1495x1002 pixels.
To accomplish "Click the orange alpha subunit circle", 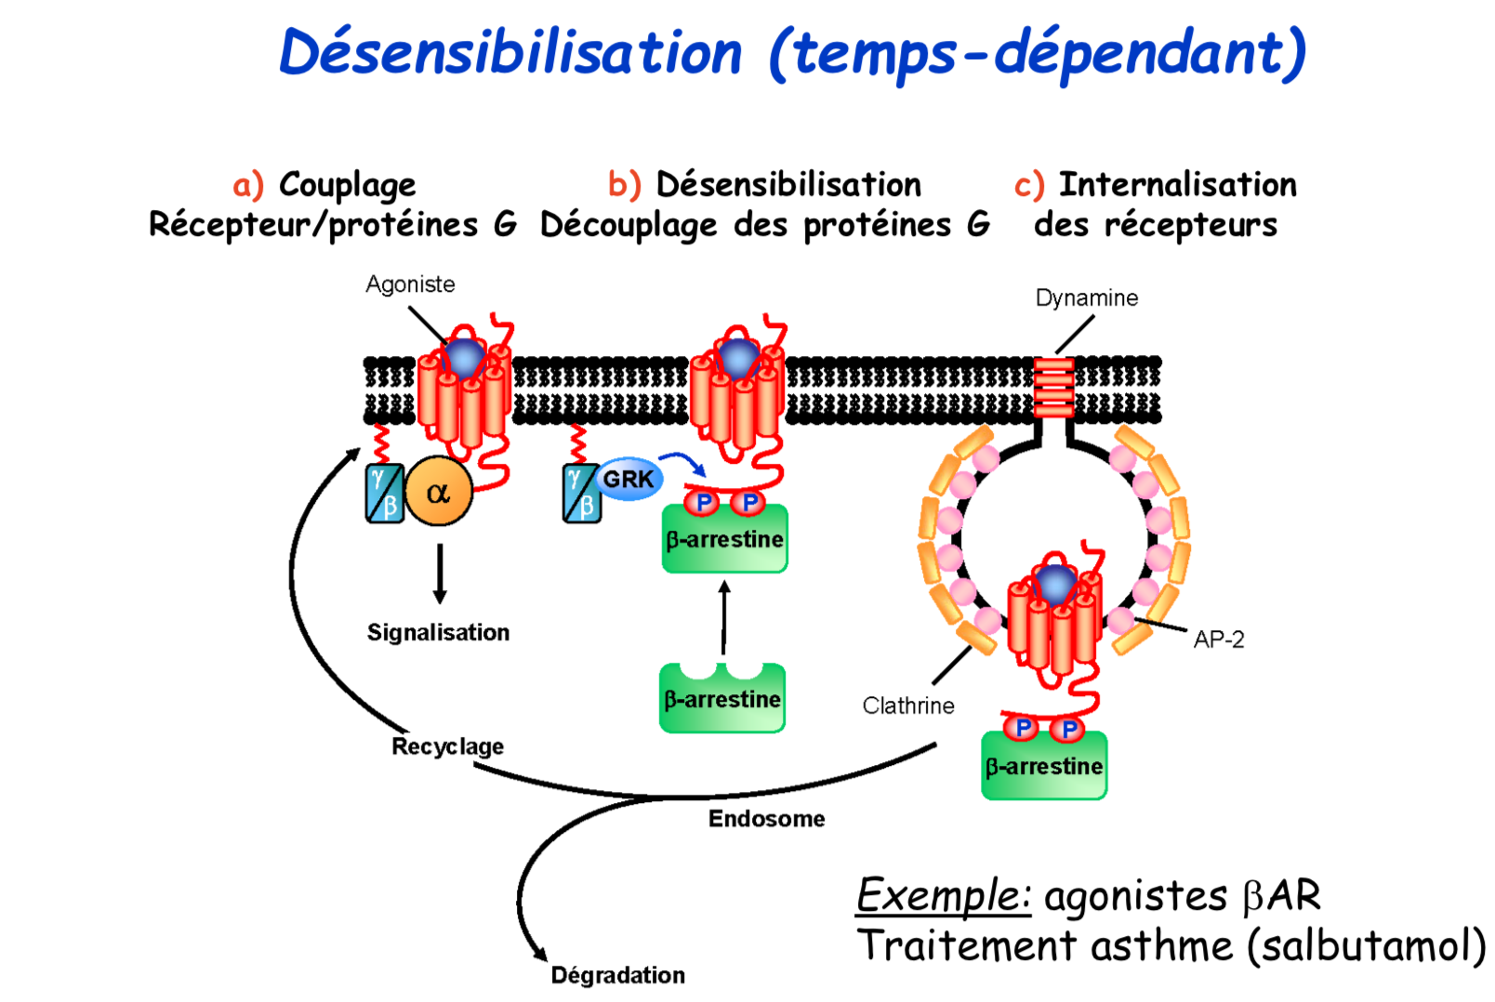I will coord(438,491).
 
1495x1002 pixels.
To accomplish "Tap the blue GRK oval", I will coord(628,479).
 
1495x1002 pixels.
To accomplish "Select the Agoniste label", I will coord(410,283).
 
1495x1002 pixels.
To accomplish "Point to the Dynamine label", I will coord(1086,297).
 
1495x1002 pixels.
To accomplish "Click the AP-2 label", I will coord(1218,639).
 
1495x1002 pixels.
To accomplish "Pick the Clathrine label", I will coord(907,705).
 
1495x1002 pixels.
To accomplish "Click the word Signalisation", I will coord(438,632).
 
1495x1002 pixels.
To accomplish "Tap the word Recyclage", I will coord(447,746).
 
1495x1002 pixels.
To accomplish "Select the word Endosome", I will coord(766,819).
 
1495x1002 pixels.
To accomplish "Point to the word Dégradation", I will coord(617,975).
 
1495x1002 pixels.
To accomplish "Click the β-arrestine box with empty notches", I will coord(722,699).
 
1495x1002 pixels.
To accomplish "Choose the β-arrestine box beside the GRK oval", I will coord(724,540).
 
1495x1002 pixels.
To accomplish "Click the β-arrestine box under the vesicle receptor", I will coord(1044,766).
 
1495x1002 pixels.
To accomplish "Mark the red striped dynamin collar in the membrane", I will coord(1053,388).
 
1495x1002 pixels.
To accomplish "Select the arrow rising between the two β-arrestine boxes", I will coord(724,618).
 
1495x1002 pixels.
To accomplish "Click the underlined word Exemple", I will coord(942,896).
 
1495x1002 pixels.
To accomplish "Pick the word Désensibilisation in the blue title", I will coord(510,52).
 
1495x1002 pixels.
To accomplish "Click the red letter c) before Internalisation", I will coord(1028,185).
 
